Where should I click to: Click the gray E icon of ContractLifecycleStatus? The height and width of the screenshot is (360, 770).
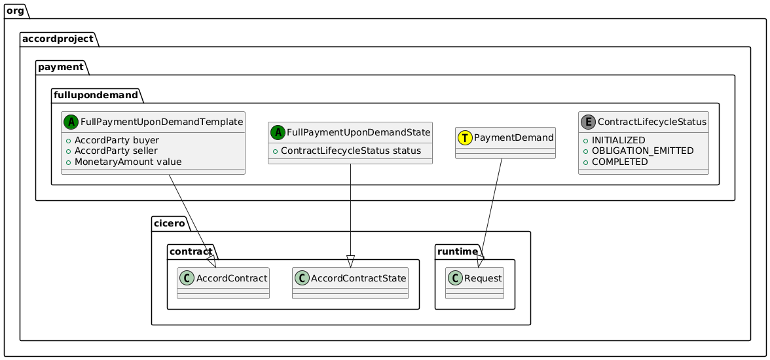(x=587, y=121)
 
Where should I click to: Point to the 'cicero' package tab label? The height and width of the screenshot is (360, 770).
(x=171, y=224)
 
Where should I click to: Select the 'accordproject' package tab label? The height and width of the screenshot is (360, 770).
(x=59, y=39)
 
